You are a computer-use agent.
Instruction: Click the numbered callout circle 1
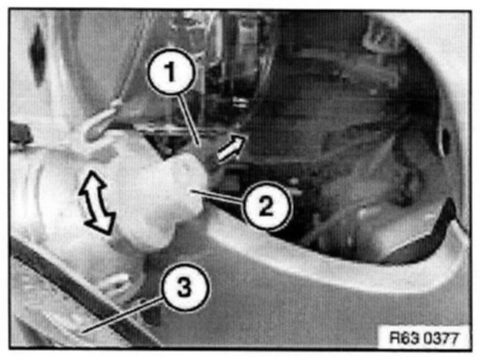172,71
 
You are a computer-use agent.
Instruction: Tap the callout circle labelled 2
265,205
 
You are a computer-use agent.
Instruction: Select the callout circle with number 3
185,287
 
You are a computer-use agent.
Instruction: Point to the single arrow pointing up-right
231,148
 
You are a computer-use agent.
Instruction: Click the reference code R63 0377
425,338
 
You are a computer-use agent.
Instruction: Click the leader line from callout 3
123,315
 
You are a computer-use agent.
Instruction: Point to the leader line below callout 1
189,118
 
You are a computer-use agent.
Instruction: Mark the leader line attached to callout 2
218,197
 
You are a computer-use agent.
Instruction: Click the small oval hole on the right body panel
445,141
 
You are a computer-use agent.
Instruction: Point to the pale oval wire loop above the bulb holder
99,122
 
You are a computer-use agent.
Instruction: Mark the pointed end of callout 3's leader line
83,332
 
